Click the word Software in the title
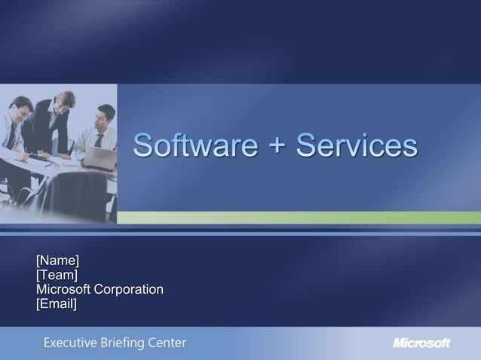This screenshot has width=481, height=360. coord(195,145)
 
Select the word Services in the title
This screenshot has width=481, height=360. coord(356,145)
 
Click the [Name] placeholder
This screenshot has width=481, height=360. coord(57,261)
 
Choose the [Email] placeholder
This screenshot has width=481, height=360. coord(57,304)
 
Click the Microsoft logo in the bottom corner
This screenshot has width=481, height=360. coord(421,343)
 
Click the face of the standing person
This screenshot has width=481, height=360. coord(66,102)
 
